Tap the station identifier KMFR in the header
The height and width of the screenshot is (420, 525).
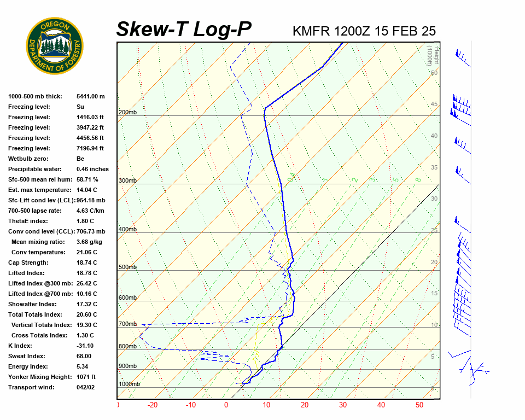tap(311, 31)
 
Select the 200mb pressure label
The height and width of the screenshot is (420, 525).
tap(127, 113)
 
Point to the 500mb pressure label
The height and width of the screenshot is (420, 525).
tap(127, 267)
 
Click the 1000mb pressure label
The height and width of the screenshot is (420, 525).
tap(129, 384)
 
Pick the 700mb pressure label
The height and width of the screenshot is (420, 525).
tap(127, 324)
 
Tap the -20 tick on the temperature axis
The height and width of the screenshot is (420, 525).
tap(153, 405)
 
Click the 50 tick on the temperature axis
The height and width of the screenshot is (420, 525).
tap(419, 405)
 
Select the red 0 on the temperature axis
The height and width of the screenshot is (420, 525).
tap(226, 405)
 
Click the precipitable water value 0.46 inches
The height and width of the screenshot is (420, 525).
tap(92, 169)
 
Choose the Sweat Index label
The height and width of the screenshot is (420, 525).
tap(27, 356)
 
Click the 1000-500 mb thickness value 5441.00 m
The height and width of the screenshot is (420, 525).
tap(90, 96)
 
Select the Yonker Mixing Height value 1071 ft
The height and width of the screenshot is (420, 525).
tap(86, 377)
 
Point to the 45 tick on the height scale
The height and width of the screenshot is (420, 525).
tap(434, 104)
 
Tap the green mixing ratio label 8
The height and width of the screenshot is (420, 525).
tap(418, 179)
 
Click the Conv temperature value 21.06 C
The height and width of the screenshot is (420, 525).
tap(87, 252)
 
